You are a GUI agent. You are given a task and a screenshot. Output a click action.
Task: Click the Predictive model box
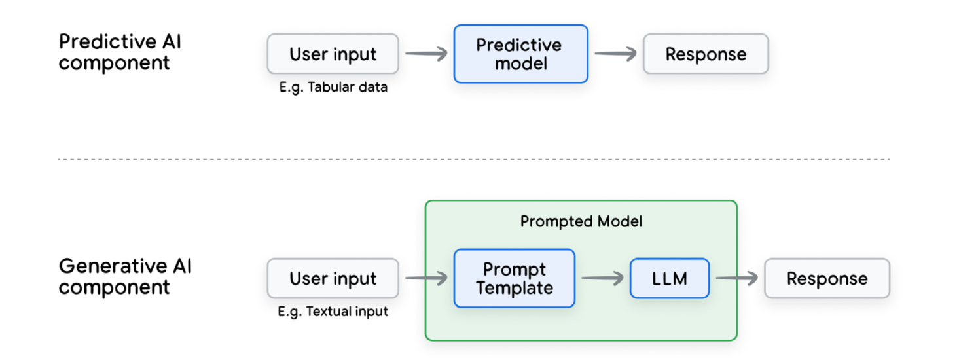click(520, 54)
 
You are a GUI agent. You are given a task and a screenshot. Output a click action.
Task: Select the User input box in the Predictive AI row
click(333, 54)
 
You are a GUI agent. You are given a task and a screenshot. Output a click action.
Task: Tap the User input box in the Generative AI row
click(333, 279)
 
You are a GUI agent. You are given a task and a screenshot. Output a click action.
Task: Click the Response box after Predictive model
click(706, 54)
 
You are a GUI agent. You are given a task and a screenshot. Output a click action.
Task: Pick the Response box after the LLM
click(827, 279)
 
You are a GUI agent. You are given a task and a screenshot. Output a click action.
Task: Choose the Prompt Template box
click(514, 279)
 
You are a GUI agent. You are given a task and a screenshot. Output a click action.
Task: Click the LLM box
click(669, 279)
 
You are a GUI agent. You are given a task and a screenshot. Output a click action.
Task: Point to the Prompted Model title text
click(581, 222)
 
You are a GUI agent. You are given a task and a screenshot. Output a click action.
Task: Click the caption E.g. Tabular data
click(333, 87)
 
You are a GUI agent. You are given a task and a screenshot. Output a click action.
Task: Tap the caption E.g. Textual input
click(333, 312)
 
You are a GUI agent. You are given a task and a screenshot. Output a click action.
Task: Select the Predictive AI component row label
click(120, 52)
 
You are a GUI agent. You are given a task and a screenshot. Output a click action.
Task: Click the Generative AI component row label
click(125, 277)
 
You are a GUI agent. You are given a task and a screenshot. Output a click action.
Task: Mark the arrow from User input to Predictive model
click(426, 54)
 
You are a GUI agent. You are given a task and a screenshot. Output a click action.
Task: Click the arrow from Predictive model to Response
click(615, 54)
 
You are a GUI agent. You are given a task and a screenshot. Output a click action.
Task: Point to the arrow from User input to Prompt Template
click(426, 279)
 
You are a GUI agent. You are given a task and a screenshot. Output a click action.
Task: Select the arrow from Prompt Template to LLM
click(602, 279)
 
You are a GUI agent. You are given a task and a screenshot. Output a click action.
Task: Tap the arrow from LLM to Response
click(736, 279)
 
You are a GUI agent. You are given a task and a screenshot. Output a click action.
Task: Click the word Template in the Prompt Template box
click(514, 288)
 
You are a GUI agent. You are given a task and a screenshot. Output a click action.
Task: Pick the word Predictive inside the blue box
click(518, 45)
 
